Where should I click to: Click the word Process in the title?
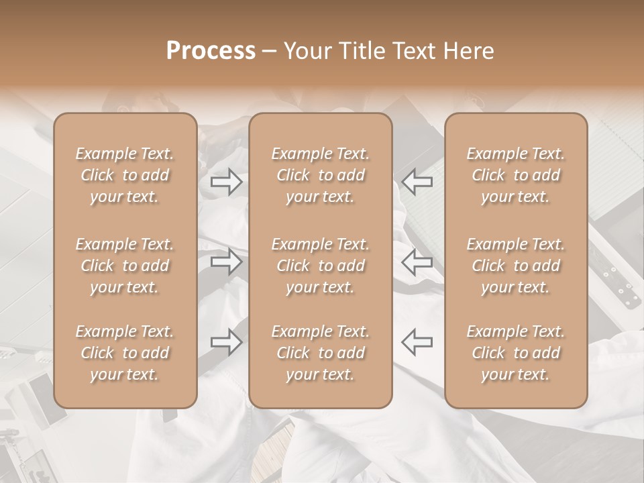point(211,51)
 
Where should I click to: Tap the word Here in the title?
point(468,51)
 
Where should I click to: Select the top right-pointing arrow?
point(227,181)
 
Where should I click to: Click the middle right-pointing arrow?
point(227,261)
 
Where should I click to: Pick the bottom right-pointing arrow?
point(227,341)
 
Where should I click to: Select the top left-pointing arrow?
point(417,181)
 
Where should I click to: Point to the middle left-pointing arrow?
point(417,261)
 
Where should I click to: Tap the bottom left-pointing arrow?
point(417,341)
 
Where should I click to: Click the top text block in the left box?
point(125,175)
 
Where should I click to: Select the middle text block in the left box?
point(125,266)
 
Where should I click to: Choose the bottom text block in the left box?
point(125,353)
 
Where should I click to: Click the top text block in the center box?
point(321,175)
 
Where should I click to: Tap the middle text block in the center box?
point(321,266)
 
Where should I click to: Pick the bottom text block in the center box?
point(321,353)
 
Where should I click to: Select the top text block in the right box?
point(516,175)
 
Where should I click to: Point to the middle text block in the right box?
point(516,266)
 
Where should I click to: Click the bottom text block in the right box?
point(516,353)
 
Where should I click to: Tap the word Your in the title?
point(308,51)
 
